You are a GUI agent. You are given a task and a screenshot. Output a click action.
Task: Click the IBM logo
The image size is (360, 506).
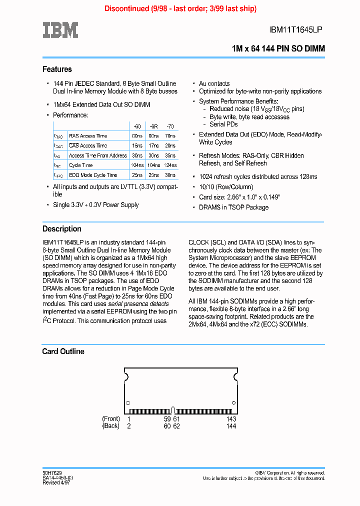(x=60, y=30)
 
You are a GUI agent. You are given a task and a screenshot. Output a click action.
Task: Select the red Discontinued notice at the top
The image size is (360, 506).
(x=180, y=8)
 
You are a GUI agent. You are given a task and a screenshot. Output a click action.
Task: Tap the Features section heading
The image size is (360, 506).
(x=57, y=69)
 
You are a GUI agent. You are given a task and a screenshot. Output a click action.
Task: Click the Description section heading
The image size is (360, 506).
(x=61, y=228)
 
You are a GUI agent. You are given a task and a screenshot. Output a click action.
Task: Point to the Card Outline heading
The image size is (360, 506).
(x=63, y=351)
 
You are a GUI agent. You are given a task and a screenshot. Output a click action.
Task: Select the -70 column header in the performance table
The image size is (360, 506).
(x=170, y=126)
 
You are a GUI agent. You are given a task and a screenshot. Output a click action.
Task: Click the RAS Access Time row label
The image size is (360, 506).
(x=88, y=136)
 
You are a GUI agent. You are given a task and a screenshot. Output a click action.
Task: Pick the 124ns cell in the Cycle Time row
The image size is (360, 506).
(x=170, y=165)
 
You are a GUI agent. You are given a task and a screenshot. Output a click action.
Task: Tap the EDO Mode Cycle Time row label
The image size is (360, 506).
(x=93, y=175)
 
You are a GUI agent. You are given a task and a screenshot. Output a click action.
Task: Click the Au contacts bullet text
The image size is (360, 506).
(x=214, y=83)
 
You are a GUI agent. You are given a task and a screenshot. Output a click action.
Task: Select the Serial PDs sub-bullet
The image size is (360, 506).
(x=223, y=124)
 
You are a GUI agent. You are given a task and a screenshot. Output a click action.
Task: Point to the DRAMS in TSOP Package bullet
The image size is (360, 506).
(x=233, y=207)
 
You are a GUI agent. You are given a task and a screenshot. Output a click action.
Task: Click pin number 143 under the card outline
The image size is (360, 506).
(x=231, y=419)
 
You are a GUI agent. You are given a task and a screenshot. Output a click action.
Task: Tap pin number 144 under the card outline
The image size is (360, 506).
(x=231, y=426)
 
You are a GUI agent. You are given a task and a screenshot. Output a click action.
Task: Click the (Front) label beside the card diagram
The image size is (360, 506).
(x=110, y=419)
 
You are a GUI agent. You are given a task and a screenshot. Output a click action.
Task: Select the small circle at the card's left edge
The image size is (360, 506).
(x=128, y=402)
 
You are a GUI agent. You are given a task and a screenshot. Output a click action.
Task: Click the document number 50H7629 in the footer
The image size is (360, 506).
(x=51, y=472)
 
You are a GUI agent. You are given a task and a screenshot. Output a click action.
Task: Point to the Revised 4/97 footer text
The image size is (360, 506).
(x=56, y=482)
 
